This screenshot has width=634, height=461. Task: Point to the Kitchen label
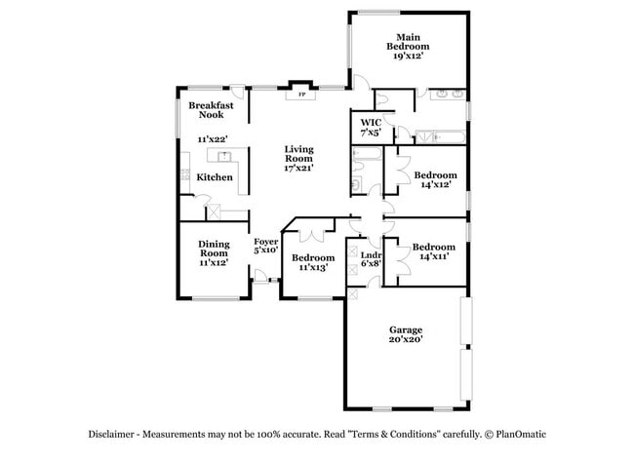coord(215,177)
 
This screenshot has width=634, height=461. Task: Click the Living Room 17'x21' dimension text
coord(298,168)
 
